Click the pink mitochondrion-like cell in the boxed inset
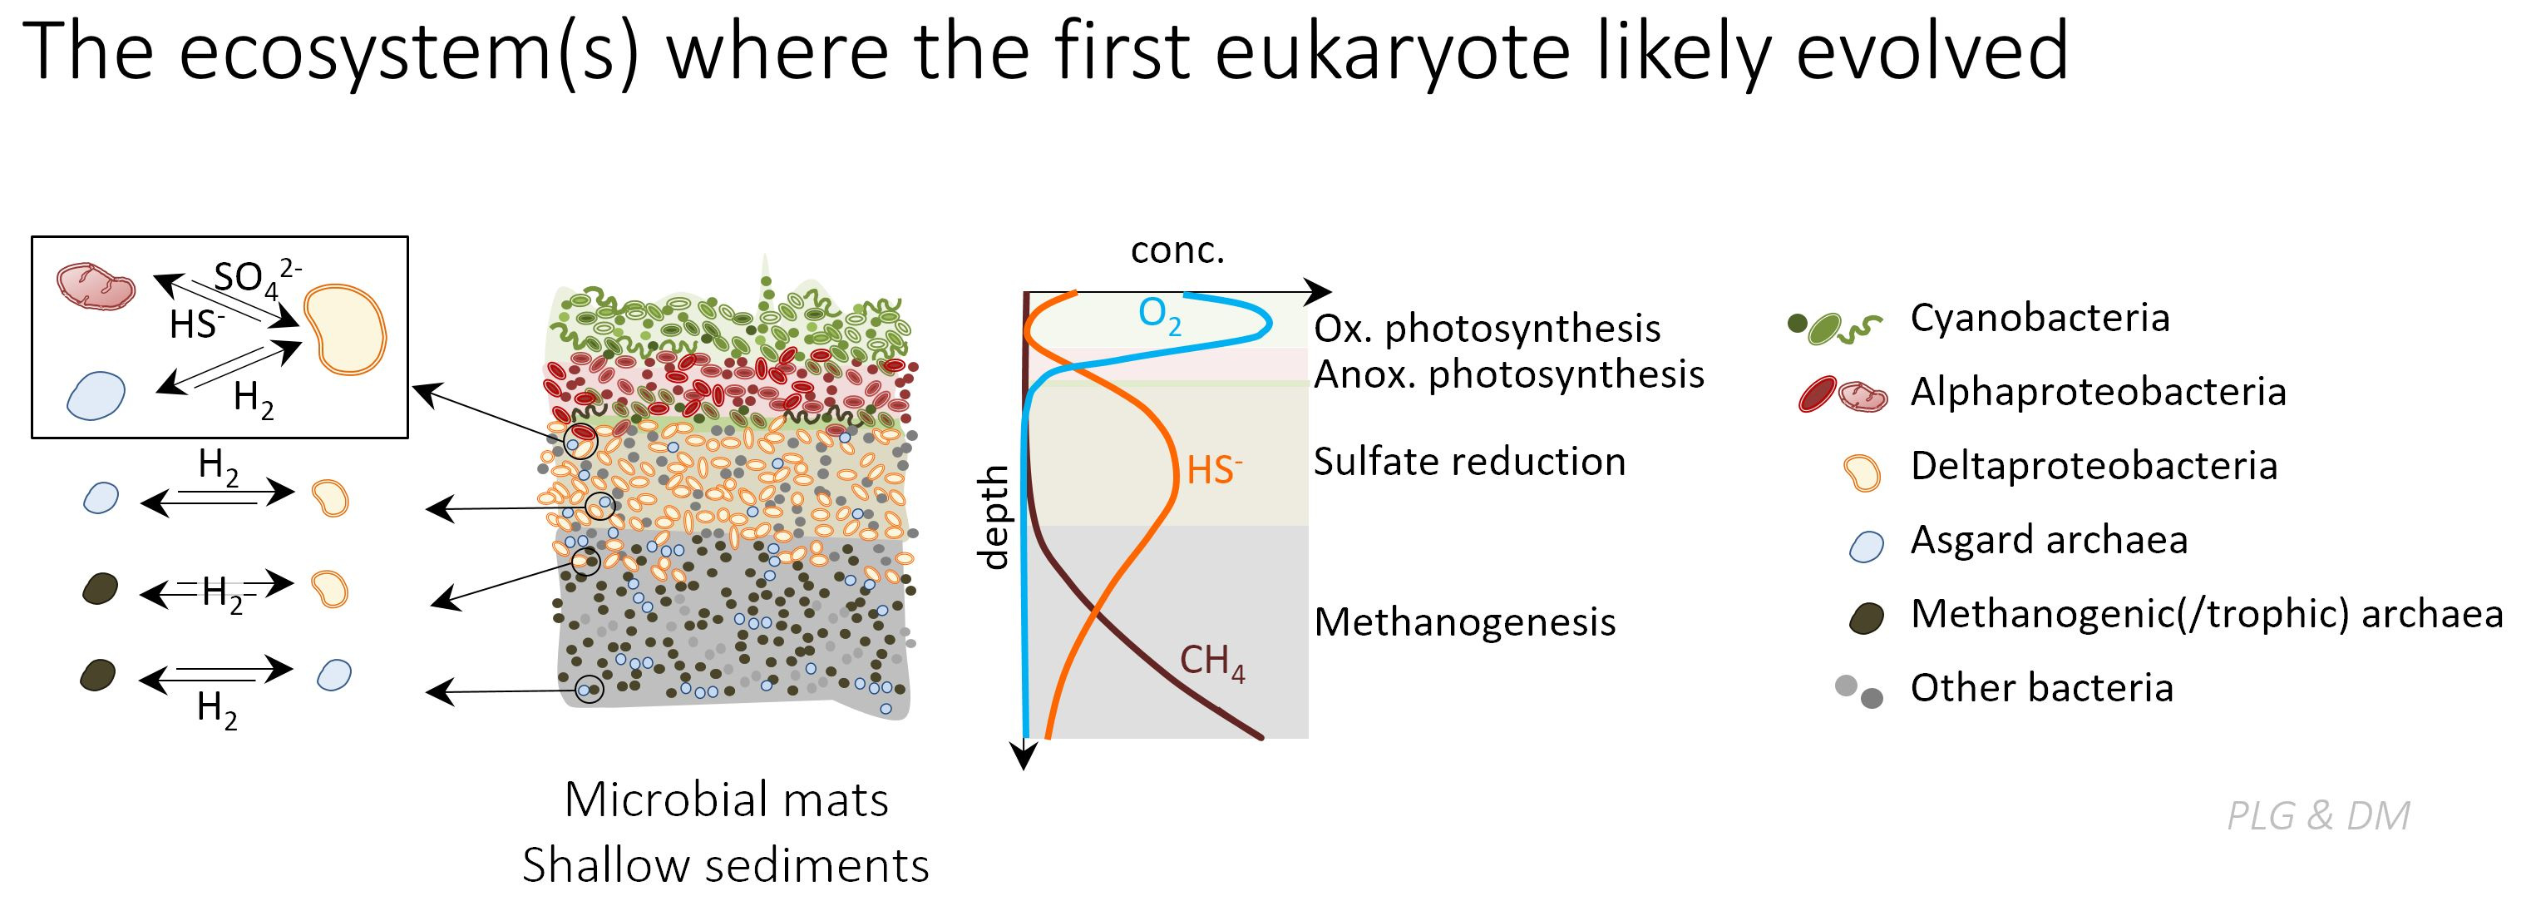click(96, 286)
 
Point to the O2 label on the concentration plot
click(1160, 315)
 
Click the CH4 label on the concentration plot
click(1213, 663)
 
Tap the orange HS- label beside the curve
click(1215, 470)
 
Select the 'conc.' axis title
click(1177, 250)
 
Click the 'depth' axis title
click(994, 517)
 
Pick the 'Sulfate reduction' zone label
click(1470, 462)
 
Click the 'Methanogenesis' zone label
click(1465, 622)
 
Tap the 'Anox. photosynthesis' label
click(1509, 375)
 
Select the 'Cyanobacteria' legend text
click(2040, 318)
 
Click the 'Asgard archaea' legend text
click(2049, 540)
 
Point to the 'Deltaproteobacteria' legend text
click(2094, 466)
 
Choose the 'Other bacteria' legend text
click(2042, 687)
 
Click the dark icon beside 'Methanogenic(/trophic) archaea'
click(1867, 618)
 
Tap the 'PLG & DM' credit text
click(2318, 815)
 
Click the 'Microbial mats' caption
click(727, 800)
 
